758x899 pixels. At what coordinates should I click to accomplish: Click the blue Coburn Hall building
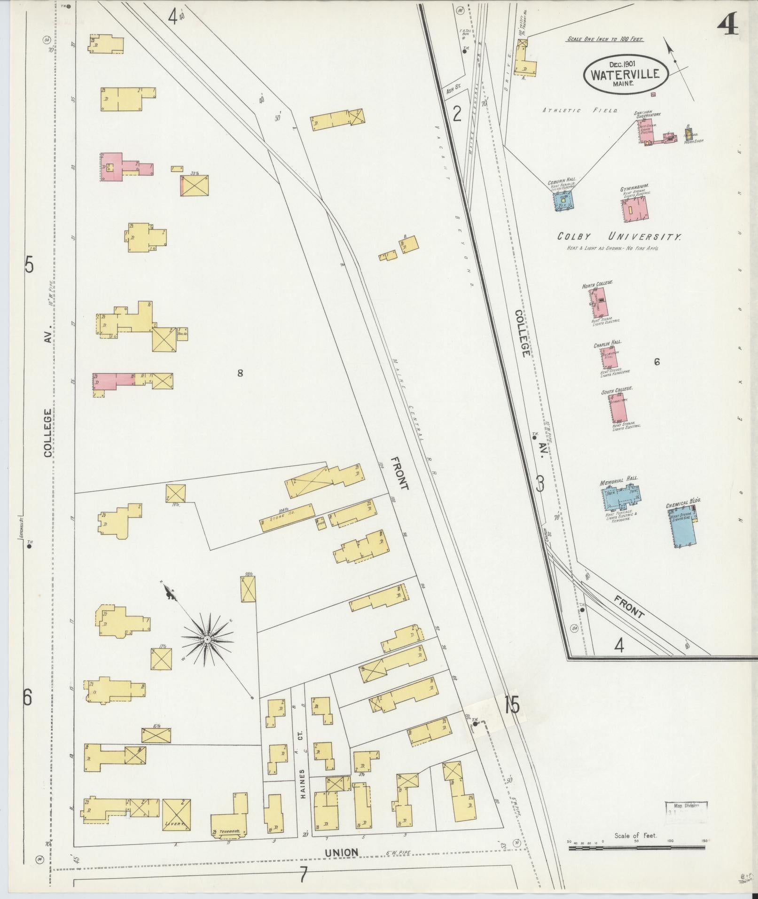563,201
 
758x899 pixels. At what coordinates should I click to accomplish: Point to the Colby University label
618,237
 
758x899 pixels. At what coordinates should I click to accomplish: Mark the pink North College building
598,303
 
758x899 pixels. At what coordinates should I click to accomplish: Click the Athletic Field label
580,111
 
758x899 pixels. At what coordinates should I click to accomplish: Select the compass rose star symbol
207,640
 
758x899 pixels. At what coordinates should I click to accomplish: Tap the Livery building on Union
177,814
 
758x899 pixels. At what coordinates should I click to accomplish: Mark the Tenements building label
228,831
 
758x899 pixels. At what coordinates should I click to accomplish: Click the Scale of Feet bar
636,848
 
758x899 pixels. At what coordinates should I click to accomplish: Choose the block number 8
240,373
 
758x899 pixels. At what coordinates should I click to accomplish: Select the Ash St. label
453,89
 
